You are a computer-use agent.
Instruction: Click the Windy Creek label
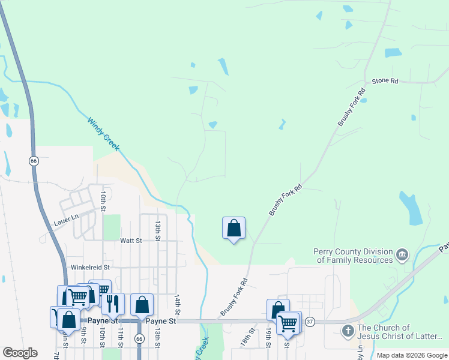point(104,133)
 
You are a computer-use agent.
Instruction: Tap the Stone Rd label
point(385,80)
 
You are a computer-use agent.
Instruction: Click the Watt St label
point(130,241)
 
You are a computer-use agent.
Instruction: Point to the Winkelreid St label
point(89,267)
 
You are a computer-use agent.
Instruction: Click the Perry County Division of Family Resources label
point(353,256)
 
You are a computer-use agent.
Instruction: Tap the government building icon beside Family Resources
point(403,256)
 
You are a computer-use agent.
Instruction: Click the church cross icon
point(348,331)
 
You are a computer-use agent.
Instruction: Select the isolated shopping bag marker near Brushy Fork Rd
point(234,229)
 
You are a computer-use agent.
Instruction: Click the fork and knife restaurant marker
point(112,304)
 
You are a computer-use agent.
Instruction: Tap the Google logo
point(19,353)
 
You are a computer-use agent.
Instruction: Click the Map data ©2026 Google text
point(412,355)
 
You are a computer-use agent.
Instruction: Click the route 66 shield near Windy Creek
point(34,161)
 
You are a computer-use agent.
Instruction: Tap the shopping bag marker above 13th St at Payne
point(142,305)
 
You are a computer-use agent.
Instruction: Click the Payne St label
point(161,321)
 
